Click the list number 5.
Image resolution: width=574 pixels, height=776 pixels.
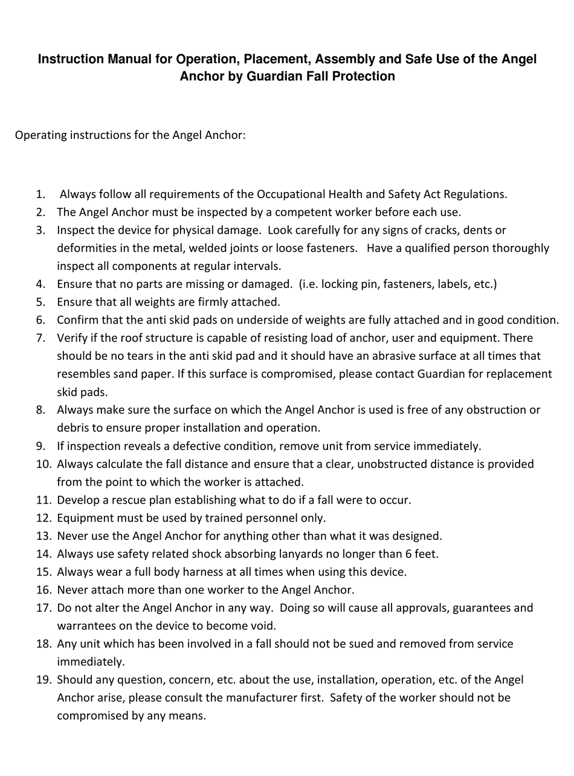tap(40, 302)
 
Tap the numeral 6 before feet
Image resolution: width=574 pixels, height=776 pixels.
tap(410, 554)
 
